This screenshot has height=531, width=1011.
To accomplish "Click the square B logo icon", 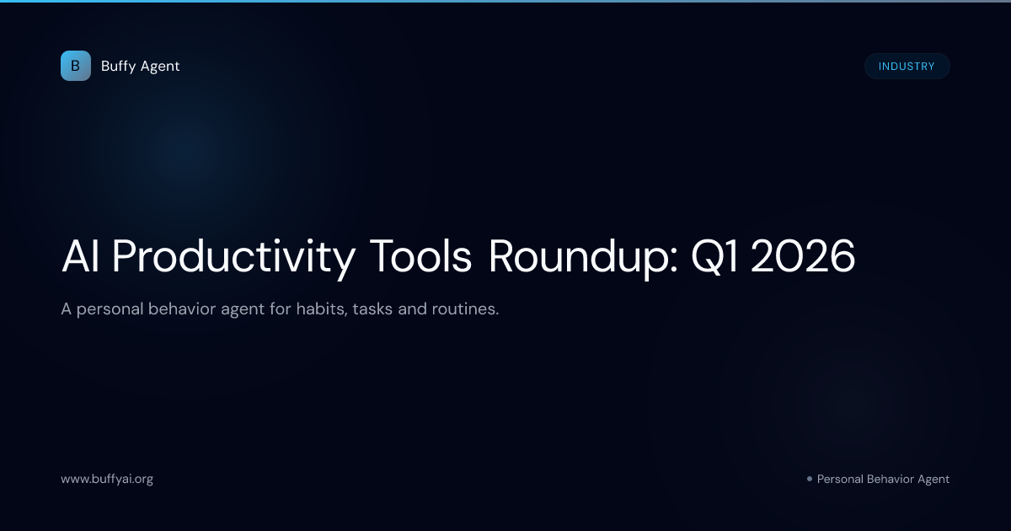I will (x=75, y=66).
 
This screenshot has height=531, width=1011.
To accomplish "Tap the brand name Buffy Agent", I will (x=140, y=66).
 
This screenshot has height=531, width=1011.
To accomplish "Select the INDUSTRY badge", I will (x=907, y=67).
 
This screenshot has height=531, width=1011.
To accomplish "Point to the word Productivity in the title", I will (x=233, y=257).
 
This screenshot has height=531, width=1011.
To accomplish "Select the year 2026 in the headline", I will (x=803, y=257).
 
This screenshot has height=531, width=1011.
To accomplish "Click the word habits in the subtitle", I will (x=318, y=309).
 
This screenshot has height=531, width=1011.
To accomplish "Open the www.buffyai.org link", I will (x=107, y=479).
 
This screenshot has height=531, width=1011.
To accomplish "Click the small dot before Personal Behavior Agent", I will (x=809, y=479).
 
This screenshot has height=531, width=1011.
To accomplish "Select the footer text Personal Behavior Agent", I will (x=883, y=479).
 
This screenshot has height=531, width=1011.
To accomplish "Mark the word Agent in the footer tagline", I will (x=932, y=479).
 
